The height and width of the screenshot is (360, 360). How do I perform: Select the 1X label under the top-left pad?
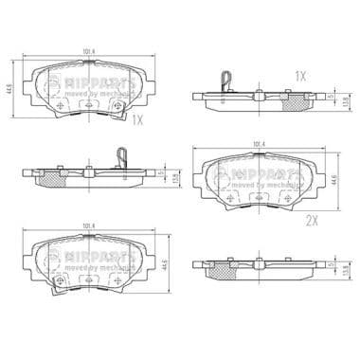137,120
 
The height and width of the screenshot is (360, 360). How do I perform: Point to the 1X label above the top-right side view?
300,76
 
